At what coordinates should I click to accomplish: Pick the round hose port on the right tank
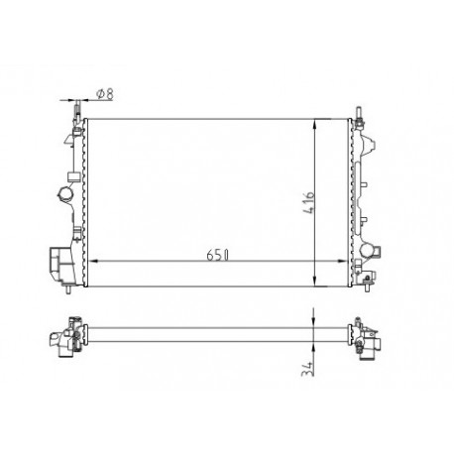tap(368, 250)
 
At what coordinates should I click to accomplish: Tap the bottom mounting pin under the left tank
tap(63, 291)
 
